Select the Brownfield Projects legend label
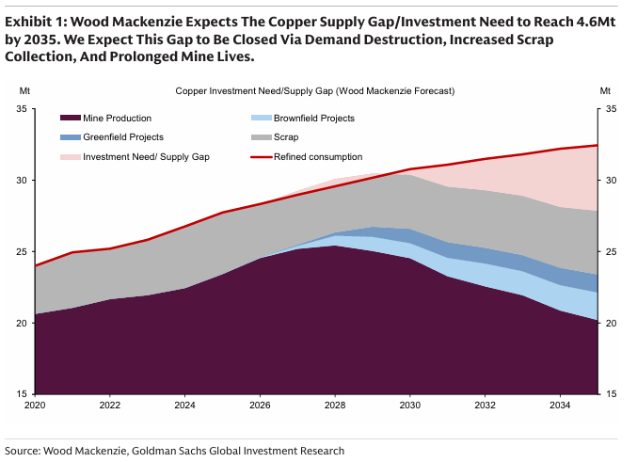click(313, 119)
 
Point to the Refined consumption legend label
click(317, 156)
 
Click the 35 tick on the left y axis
click(21, 109)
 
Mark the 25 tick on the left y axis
click(21, 252)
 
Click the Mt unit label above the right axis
click(605, 91)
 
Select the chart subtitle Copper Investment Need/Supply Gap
click(314, 91)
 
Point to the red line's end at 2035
click(597, 145)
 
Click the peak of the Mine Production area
click(335, 246)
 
